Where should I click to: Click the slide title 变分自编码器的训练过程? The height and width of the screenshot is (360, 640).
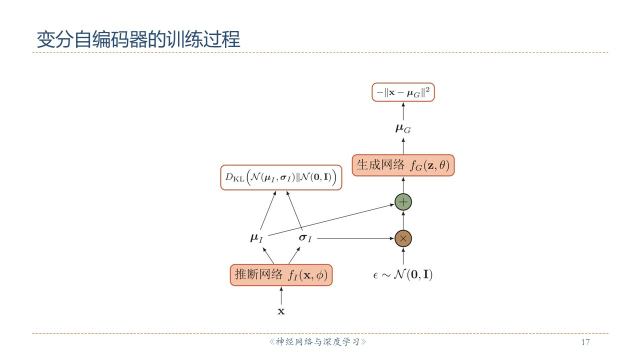click(138, 39)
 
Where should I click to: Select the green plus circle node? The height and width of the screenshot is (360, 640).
click(403, 202)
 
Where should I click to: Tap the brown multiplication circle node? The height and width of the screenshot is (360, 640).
click(403, 238)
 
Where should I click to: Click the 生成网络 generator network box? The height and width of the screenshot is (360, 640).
click(403, 165)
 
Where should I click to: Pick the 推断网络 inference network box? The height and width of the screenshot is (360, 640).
click(281, 274)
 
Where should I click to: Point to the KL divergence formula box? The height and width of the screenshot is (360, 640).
click(281, 177)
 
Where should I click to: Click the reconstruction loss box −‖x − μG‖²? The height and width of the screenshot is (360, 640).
click(403, 92)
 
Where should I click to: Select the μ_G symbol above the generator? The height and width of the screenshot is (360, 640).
click(403, 128)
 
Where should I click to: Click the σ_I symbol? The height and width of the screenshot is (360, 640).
click(305, 238)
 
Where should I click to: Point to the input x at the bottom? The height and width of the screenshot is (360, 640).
click(281, 311)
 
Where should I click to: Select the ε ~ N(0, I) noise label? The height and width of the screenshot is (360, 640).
click(403, 274)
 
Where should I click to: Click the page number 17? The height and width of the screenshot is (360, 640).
click(585, 342)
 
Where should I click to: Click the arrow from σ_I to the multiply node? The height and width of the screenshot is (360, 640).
click(355, 238)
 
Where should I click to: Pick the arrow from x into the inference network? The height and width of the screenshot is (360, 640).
click(281, 296)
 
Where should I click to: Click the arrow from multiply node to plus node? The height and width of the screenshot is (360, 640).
click(403, 220)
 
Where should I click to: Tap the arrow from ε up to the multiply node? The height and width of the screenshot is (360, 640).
click(403, 256)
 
